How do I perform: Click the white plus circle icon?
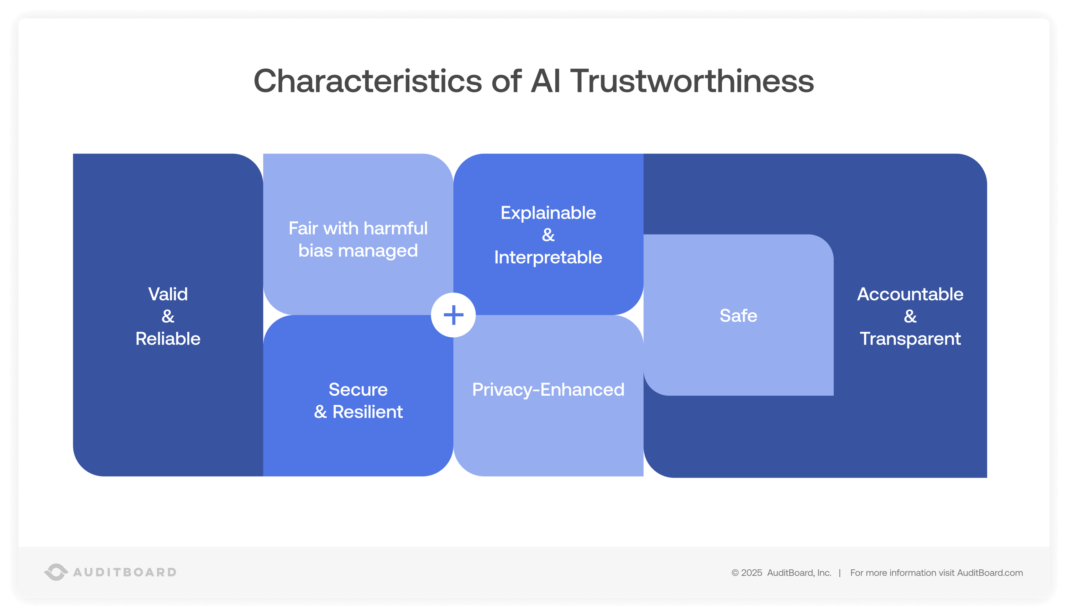453,315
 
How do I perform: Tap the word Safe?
738,316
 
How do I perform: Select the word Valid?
168,294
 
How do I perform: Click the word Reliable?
168,338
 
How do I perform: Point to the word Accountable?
910,294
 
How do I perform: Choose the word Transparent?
910,338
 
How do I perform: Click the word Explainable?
548,213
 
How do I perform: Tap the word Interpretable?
548,257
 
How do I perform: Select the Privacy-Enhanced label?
548,389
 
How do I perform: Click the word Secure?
358,389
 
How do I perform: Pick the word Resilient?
367,412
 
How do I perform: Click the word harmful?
396,228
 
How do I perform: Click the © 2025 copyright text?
747,573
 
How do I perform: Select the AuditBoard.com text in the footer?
990,573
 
